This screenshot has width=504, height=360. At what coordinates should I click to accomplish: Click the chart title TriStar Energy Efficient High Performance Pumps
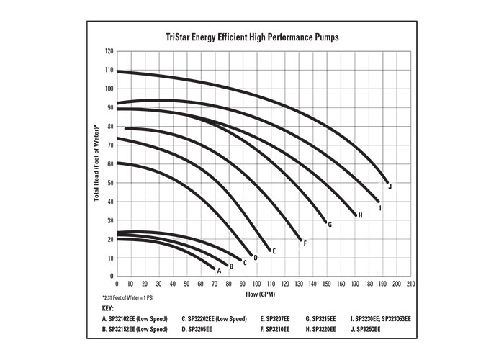[x=252, y=36]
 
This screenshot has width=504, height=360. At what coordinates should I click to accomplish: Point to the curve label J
[x=390, y=186]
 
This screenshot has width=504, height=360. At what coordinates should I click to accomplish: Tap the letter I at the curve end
[x=380, y=207]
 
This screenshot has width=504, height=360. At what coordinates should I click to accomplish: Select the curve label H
[x=360, y=215]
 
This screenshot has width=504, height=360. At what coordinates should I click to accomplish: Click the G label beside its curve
[x=329, y=225]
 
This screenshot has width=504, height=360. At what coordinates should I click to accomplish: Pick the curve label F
[x=305, y=243]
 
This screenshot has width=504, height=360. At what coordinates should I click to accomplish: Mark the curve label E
[x=274, y=251]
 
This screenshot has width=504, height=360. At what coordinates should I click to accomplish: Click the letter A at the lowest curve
[x=218, y=271]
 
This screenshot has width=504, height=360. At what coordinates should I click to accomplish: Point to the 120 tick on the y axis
[x=109, y=52]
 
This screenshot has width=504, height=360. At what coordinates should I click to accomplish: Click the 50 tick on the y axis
[x=109, y=183]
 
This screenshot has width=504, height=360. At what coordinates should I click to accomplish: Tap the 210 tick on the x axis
[x=410, y=284]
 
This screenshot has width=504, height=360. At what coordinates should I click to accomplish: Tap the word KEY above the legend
[x=109, y=307]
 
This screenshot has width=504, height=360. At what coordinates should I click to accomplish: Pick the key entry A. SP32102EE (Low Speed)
[x=137, y=318]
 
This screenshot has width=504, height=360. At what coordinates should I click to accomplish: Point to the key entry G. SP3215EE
[x=323, y=318]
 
